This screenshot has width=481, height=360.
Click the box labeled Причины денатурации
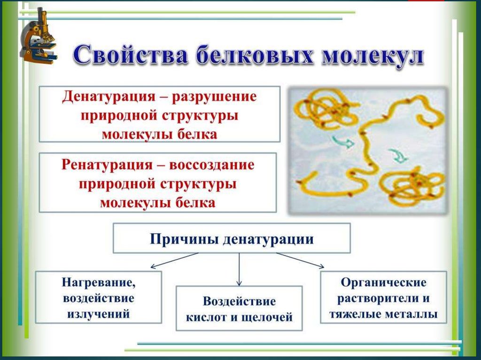(x=232, y=238)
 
